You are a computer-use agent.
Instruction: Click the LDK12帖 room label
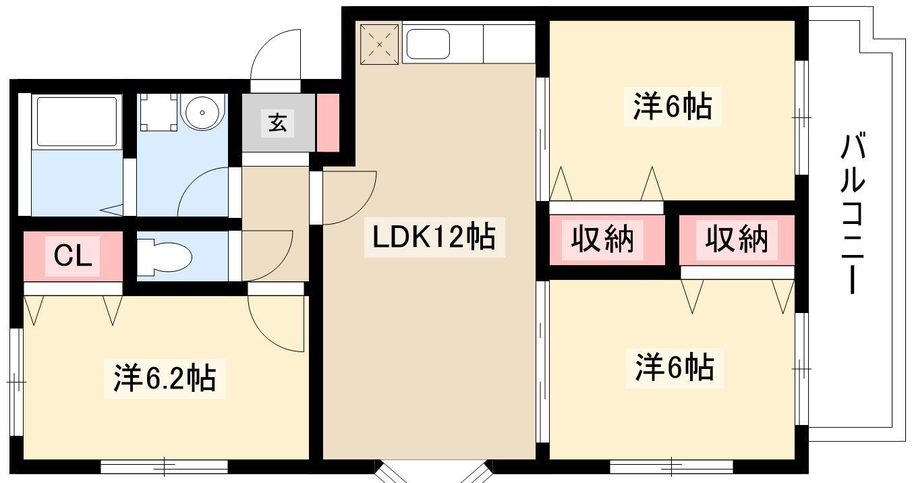[434, 237]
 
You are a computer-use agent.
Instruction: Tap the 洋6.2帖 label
[165, 378]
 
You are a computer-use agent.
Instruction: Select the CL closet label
[73, 256]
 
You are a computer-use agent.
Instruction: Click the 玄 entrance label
[277, 122]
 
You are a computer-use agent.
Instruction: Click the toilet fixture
[164, 257]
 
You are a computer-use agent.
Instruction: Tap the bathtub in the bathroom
[77, 121]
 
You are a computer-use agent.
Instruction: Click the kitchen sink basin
[428, 44]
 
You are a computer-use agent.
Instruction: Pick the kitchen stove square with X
[380, 44]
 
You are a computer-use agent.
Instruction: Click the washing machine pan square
[159, 112]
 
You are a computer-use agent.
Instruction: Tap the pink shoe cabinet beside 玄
[328, 123]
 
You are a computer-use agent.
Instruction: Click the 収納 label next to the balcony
[737, 239]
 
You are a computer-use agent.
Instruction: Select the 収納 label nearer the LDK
[602, 239]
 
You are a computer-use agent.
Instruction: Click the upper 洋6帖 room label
[673, 107]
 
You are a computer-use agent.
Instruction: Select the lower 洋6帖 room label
[675, 368]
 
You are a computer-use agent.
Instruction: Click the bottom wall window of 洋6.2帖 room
[164, 467]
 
